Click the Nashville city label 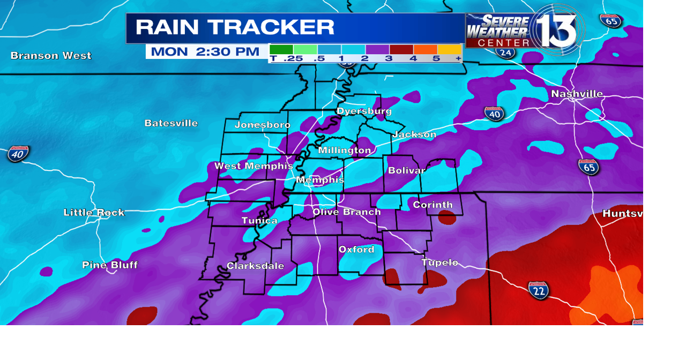pos(577,94)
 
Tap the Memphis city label pos(320,180)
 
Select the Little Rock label pos(94,213)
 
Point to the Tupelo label pos(439,262)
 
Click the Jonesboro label pos(263,125)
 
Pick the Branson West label pos(51,56)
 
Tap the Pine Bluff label pos(110,265)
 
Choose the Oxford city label pos(356,250)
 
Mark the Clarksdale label pos(255,266)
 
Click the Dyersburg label pos(364,111)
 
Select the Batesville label pos(171,123)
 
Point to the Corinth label pos(433,205)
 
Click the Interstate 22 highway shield pos(538,290)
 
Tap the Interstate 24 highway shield pos(505,52)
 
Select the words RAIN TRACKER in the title pos(235,27)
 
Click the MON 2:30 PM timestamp pos(205,52)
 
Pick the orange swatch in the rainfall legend pos(425,49)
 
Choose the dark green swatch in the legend pos(281,49)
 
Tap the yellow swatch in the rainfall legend pos(450,49)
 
